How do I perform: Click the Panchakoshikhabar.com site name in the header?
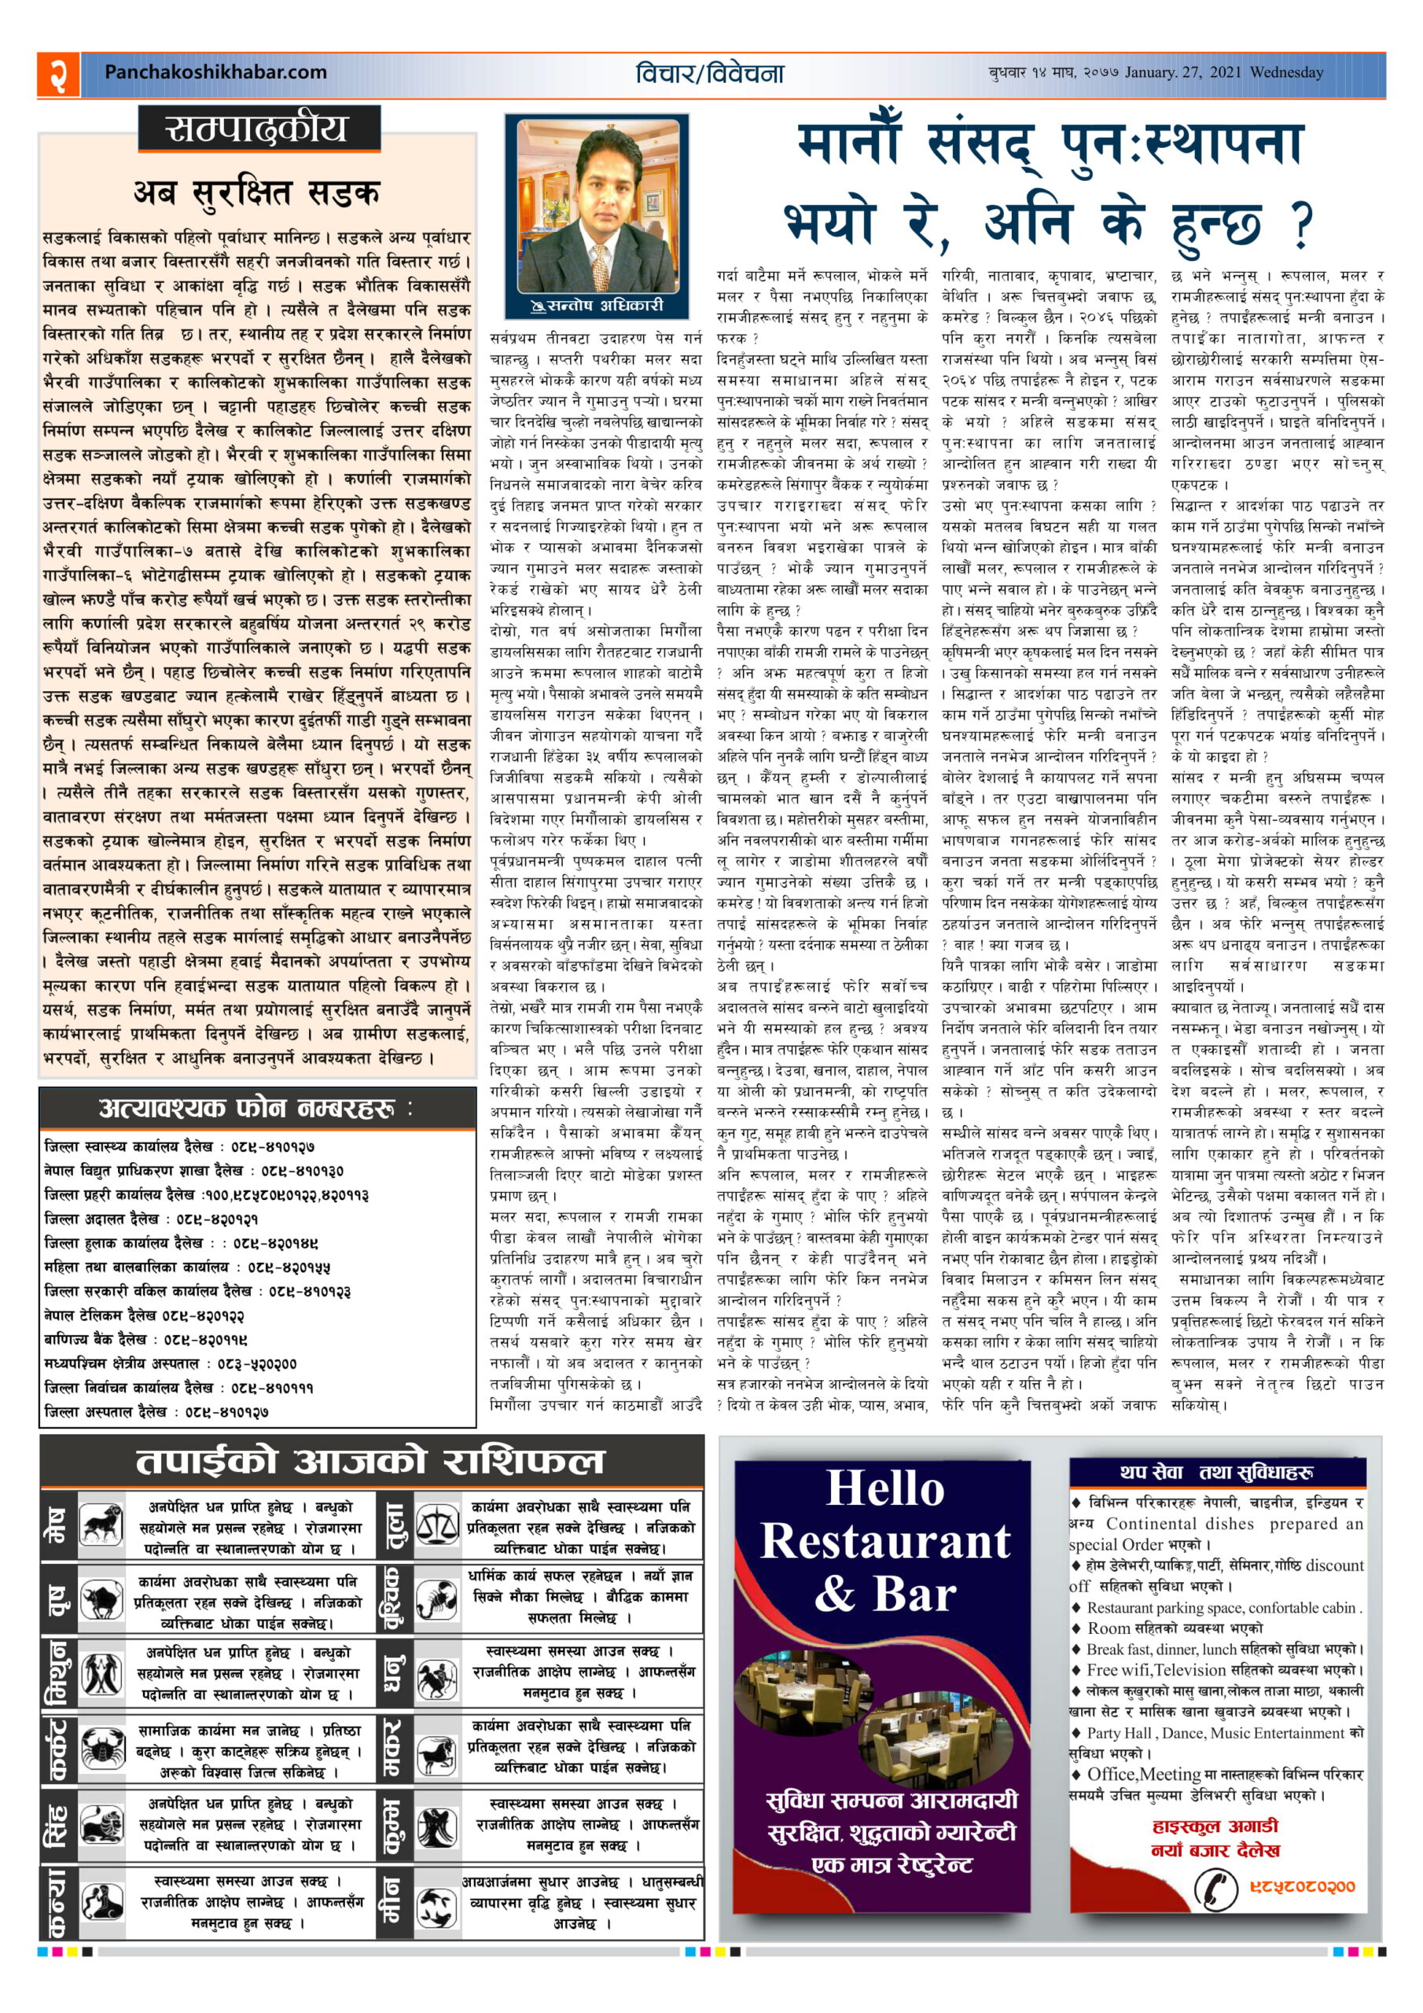[215, 73]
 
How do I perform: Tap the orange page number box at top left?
[58, 74]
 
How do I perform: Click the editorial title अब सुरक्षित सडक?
[257, 192]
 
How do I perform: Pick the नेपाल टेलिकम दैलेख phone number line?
[145, 1315]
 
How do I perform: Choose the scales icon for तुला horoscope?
[436, 1525]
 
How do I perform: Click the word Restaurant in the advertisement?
[885, 1543]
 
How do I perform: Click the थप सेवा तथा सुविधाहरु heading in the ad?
[1216, 1472]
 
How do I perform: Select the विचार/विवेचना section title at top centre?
[710, 74]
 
